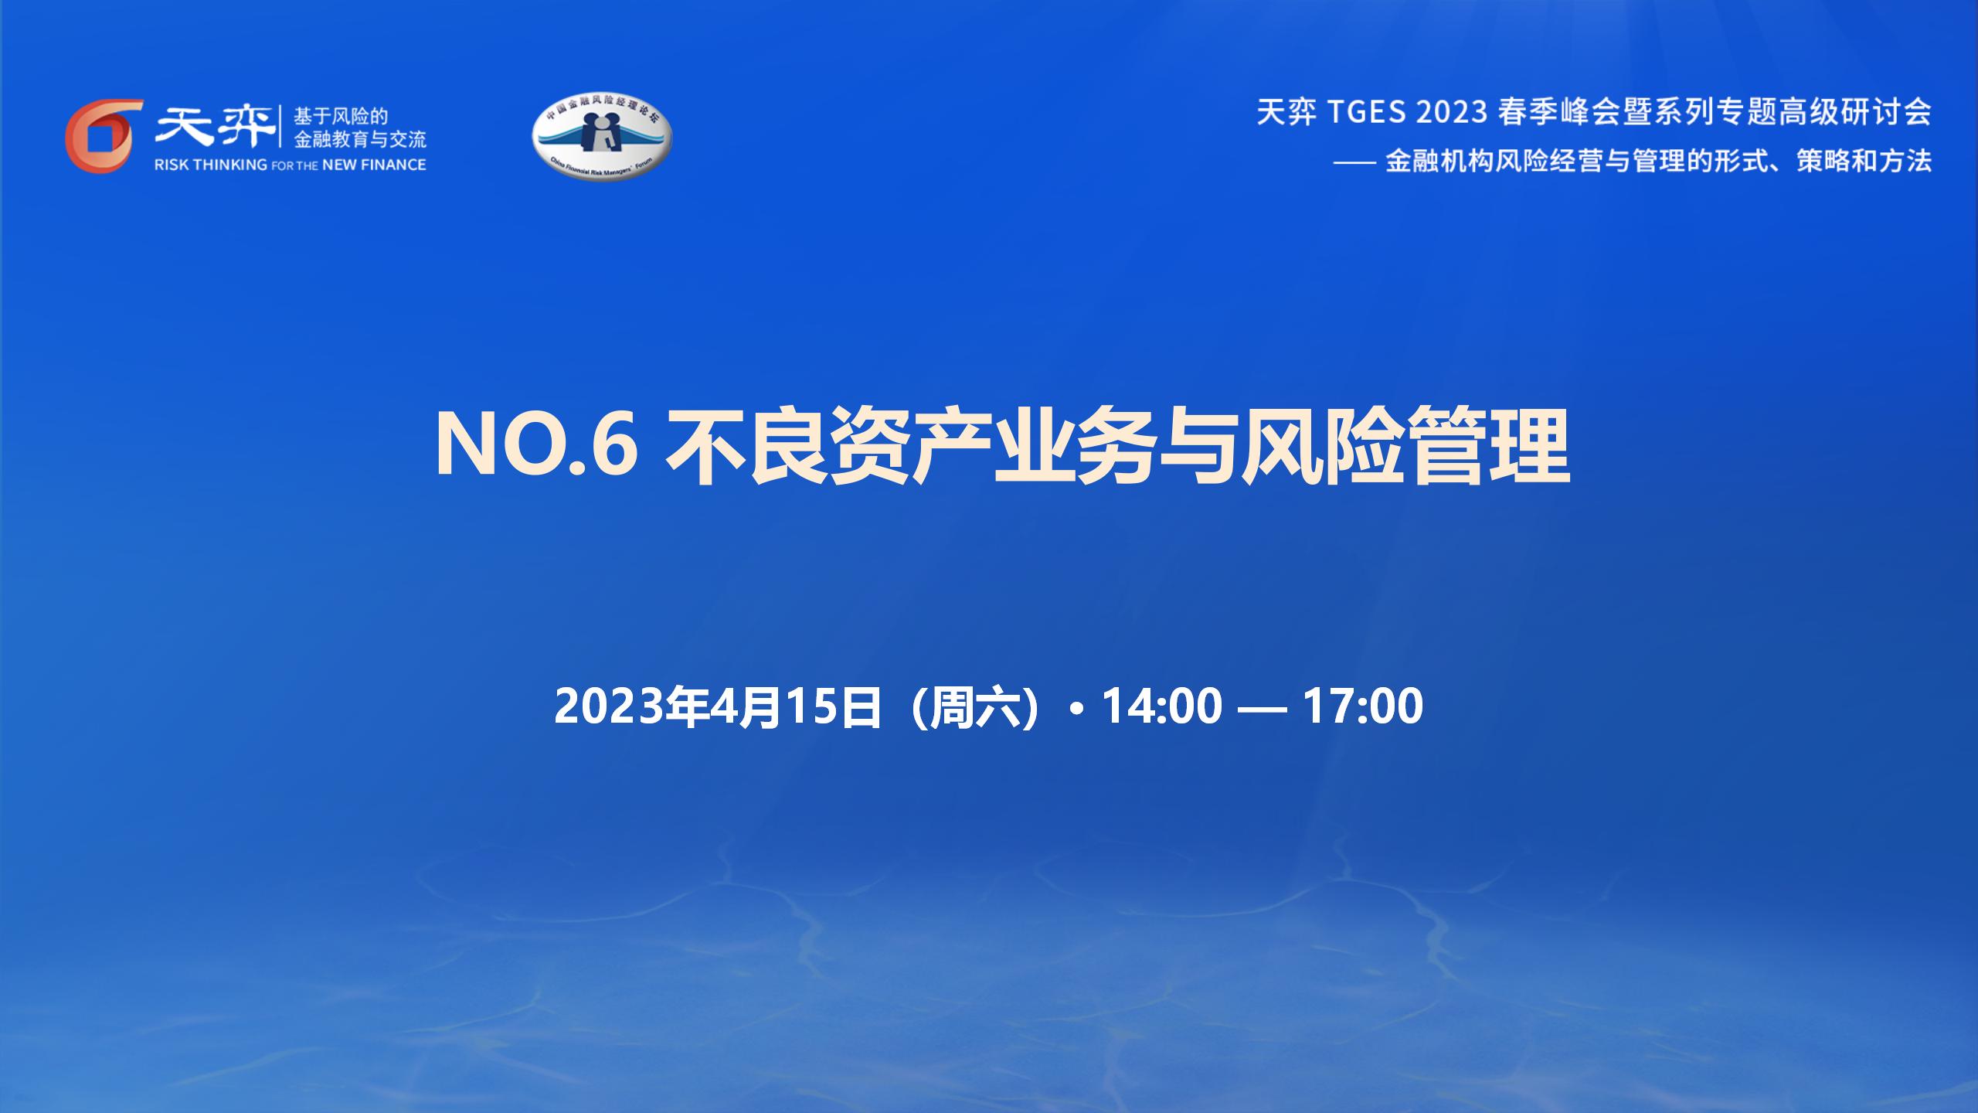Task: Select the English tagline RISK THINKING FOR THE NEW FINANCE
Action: pyautogui.click(x=291, y=165)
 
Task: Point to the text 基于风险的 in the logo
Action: pyautogui.click(x=341, y=117)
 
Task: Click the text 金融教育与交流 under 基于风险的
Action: pyautogui.click(x=360, y=140)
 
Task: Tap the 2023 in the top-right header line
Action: pyautogui.click(x=1453, y=113)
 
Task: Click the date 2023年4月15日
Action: pyautogui.click(x=719, y=706)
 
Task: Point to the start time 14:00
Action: pyautogui.click(x=1161, y=706)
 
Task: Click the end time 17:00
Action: pyautogui.click(x=1363, y=706)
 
